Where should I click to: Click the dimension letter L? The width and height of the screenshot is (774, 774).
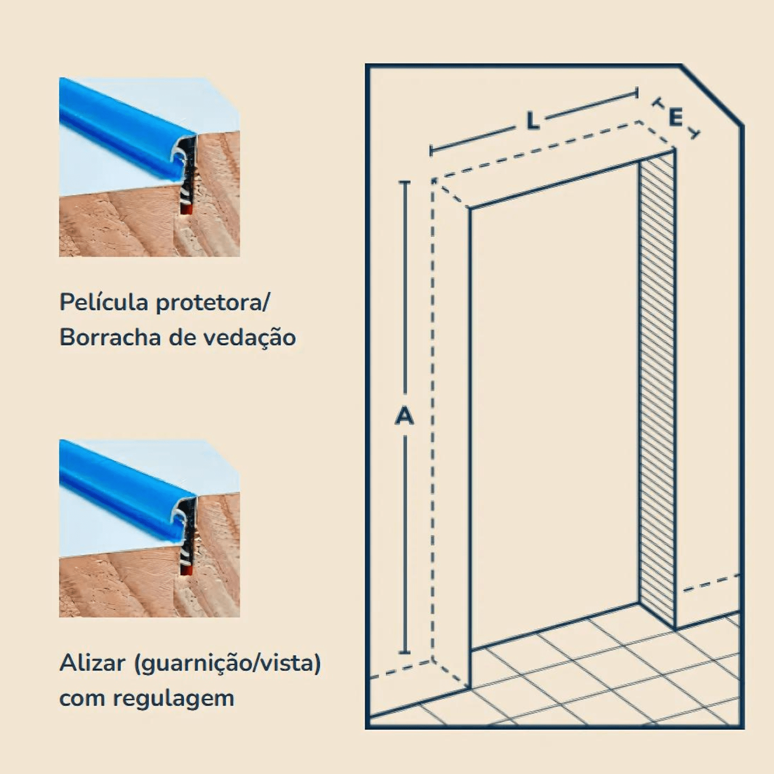(x=533, y=121)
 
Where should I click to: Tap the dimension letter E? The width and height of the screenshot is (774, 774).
(x=675, y=118)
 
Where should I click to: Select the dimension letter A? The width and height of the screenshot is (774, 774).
(x=405, y=415)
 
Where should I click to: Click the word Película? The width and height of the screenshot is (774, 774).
(x=104, y=302)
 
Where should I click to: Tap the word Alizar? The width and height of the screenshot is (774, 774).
(x=92, y=663)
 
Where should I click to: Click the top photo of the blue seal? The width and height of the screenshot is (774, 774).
(x=150, y=167)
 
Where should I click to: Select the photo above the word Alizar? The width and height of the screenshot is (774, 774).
(x=150, y=528)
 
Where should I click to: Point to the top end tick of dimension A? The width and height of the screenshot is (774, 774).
(x=405, y=182)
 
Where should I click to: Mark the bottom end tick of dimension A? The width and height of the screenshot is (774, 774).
(x=405, y=653)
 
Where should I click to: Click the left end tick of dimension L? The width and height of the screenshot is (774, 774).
(x=431, y=150)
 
